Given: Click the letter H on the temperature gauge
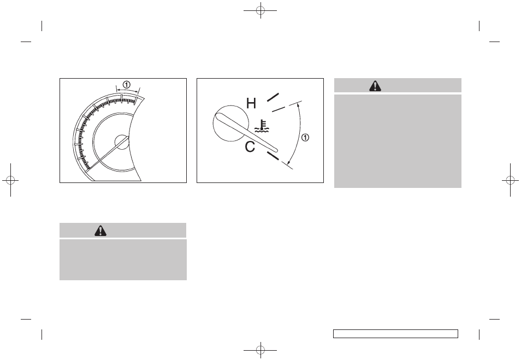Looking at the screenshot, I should pos(251,103).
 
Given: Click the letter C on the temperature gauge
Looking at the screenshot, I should pos(250,146).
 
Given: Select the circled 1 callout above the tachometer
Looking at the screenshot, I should pos(126,85).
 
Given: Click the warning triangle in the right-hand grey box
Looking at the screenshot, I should pos(375,86).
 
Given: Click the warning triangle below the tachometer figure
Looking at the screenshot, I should pos(100,231).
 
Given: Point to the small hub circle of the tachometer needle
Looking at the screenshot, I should pos(122,143).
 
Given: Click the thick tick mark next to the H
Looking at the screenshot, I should pos(273,97).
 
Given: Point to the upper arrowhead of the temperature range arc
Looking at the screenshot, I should pos(298,109).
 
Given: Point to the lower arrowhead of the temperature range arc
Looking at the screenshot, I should pos(288,162).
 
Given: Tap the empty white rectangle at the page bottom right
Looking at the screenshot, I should pos(395,334).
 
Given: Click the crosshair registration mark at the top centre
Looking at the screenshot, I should pos(260,10).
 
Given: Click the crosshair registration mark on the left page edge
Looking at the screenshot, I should pos(11,180).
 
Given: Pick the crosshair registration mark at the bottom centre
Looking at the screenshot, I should pos(260,350).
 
